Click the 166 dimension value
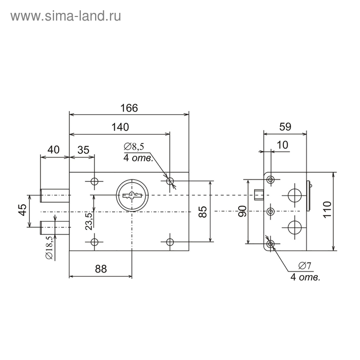pyautogui.click(x=130, y=108)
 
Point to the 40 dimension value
pyautogui.click(x=53, y=149)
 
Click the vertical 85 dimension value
pyautogui.click(x=203, y=212)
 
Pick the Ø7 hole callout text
pyautogui.click(x=304, y=266)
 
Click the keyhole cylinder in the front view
pyautogui.click(x=132, y=195)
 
